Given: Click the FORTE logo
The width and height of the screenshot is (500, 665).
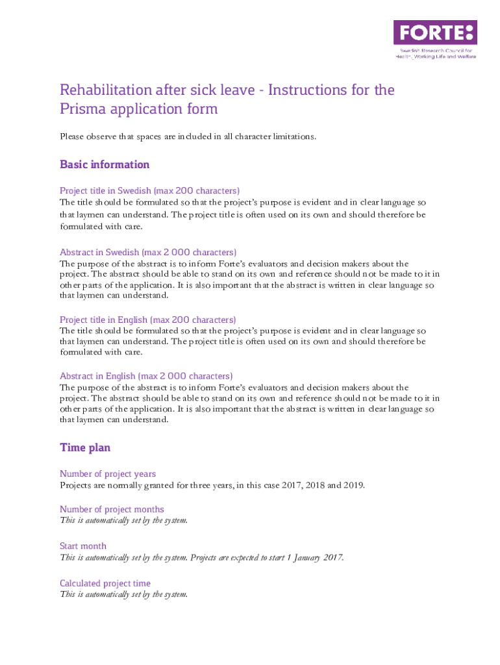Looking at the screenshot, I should click(x=434, y=32).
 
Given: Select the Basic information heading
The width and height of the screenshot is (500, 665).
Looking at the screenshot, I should click(x=105, y=164).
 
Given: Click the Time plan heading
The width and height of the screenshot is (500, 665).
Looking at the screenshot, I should click(x=85, y=447).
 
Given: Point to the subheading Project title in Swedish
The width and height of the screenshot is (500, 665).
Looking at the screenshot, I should click(x=149, y=191).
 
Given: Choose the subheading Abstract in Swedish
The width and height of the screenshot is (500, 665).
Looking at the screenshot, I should click(x=148, y=252).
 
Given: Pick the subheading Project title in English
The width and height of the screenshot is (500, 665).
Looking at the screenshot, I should click(x=147, y=320).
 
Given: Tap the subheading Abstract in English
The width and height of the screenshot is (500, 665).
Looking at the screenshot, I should click(x=146, y=376).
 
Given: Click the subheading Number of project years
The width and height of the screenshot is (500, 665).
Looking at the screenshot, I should click(x=108, y=474).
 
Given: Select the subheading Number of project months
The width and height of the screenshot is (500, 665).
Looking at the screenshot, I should click(x=112, y=509).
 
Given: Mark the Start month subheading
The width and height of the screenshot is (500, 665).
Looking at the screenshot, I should click(x=83, y=546).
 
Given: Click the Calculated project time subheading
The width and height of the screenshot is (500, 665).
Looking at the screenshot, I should click(x=105, y=583).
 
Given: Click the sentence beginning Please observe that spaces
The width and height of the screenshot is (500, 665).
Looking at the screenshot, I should click(x=188, y=136).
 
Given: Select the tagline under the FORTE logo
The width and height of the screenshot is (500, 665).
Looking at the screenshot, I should click(x=436, y=53).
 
